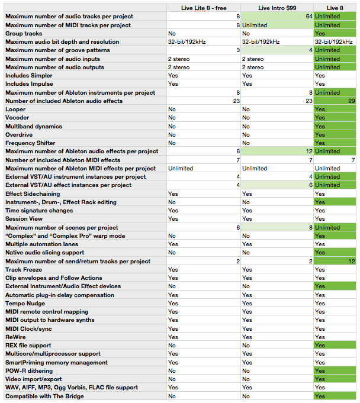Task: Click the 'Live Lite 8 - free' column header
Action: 202,7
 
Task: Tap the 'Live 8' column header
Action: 335,7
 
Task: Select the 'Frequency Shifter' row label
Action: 31,143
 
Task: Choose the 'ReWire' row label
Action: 16,337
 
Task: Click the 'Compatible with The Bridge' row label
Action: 44,396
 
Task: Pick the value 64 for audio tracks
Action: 308,17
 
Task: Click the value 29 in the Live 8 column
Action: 351,101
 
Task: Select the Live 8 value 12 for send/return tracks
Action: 351,262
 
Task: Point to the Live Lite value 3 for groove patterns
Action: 237,50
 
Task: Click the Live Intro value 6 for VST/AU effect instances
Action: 310,185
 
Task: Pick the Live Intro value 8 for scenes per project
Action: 310,228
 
